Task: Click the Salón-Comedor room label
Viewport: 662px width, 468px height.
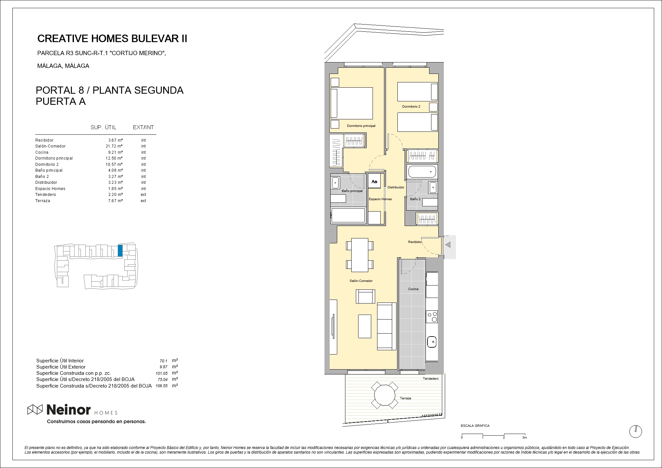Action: coord(361,281)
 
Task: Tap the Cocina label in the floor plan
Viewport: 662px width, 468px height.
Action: coord(413,289)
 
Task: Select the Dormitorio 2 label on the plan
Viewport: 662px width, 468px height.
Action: coord(411,107)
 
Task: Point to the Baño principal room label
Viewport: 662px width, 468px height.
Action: coord(352,191)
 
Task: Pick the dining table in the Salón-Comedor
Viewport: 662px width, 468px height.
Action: coord(360,255)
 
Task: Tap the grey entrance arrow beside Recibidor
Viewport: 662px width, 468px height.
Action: coord(448,245)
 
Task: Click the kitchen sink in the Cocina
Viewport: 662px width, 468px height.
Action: coord(432,342)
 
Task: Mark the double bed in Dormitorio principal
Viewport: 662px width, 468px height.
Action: coord(352,103)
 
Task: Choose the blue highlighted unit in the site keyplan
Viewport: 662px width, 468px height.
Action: coord(120,251)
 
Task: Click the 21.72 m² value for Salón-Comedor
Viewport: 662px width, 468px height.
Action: coord(112,146)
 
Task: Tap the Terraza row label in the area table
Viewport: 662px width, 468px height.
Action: coord(43,201)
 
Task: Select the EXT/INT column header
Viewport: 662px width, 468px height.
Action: coord(143,128)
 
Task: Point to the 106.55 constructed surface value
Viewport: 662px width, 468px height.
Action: coord(162,386)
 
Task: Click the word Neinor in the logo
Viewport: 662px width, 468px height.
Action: coord(69,410)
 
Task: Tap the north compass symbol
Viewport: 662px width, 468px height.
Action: coord(636,432)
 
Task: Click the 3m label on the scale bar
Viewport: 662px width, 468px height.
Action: coord(525,438)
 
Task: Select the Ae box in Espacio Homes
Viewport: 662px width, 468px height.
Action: coord(375,182)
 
